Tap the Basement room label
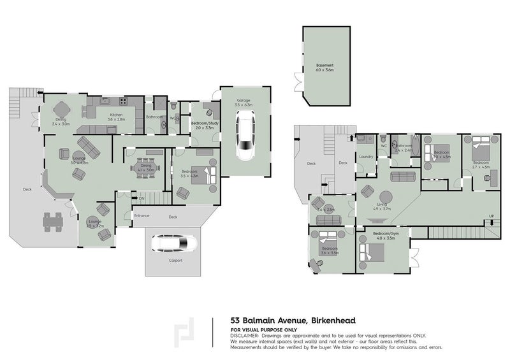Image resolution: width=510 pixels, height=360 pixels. (325, 66)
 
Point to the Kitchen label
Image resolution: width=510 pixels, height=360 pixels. (116, 115)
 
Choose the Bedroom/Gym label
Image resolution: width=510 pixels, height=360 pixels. (387, 235)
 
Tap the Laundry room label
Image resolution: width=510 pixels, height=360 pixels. (366, 156)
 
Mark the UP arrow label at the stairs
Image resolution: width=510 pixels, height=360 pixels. (490, 215)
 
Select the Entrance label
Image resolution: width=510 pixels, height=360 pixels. (141, 215)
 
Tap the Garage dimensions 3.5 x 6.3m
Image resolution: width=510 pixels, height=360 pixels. (244, 104)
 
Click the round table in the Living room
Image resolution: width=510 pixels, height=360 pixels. (386, 197)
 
